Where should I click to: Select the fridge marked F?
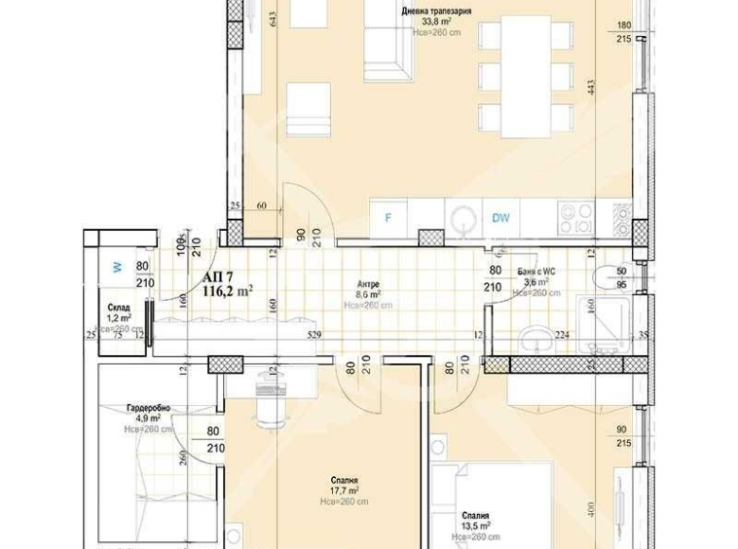[387, 217]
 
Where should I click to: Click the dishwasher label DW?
[500, 218]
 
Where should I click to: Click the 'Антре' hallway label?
[367, 284]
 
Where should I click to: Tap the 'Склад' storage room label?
[119, 308]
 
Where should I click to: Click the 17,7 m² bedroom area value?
[344, 492]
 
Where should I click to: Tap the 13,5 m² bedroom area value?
[476, 527]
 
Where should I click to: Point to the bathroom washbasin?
[534, 339]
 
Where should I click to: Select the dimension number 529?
[314, 336]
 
